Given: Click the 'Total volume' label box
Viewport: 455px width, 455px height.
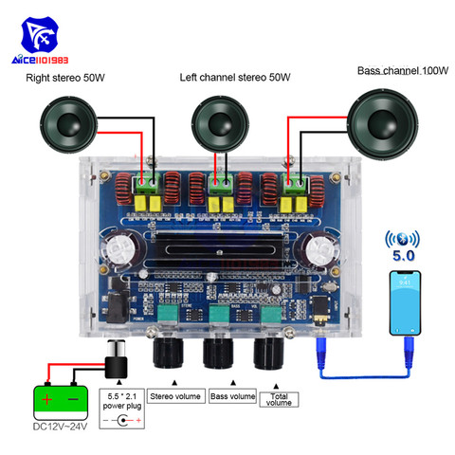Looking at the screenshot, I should pyautogui.click(x=281, y=400).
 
